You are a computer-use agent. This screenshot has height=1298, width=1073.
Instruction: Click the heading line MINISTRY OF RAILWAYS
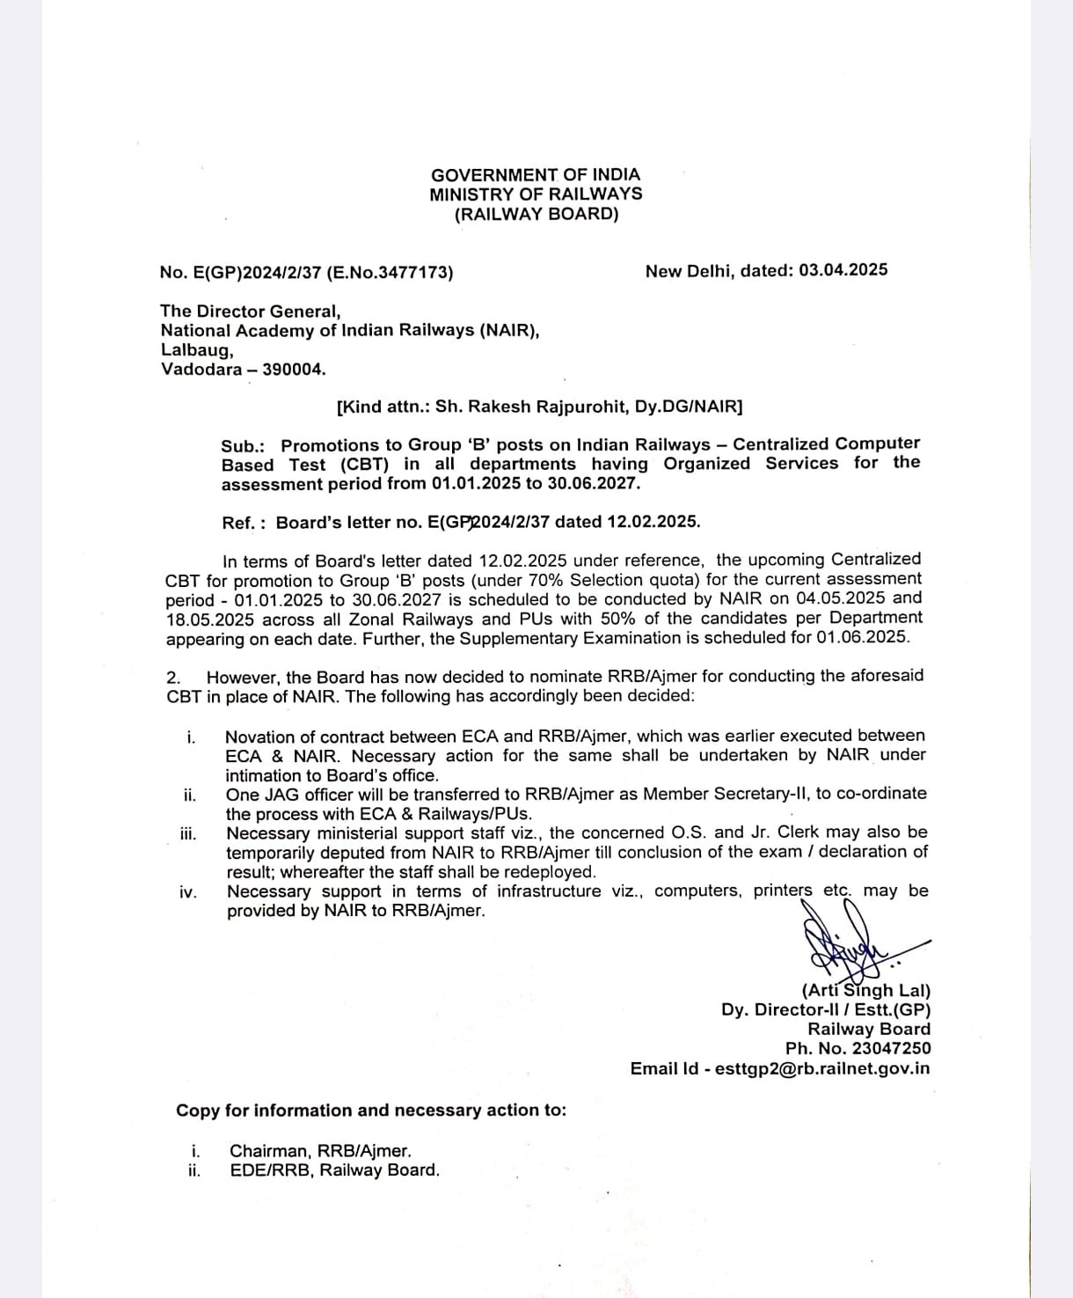pos(536,194)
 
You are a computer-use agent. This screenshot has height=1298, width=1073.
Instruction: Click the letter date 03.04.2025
pos(843,270)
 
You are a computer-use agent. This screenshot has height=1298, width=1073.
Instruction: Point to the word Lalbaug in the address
pos(196,349)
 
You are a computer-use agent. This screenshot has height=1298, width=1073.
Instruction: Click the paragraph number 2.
pos(173,678)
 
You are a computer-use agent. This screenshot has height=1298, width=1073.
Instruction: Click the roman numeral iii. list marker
pos(187,834)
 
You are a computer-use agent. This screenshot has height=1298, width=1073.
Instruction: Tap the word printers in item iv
pos(782,891)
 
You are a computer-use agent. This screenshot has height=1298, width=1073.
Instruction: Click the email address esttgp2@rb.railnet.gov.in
pos(822,1068)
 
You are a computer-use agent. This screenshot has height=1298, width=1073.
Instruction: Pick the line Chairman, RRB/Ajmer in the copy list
pos(319,1150)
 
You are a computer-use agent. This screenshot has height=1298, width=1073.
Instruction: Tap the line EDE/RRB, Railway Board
pos(333,1170)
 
